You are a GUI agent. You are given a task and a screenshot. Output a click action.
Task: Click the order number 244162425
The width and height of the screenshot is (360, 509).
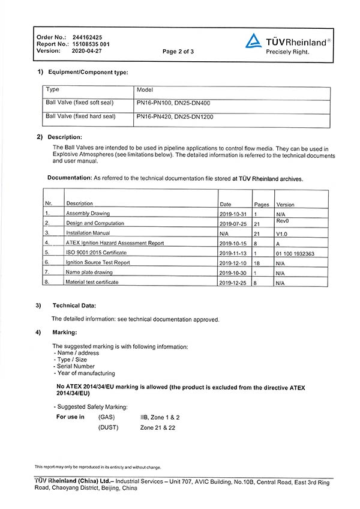coord(86,37)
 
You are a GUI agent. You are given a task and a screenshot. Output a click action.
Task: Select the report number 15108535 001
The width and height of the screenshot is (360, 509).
coord(91,44)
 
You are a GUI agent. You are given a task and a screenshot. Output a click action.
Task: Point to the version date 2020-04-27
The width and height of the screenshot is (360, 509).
coord(87,51)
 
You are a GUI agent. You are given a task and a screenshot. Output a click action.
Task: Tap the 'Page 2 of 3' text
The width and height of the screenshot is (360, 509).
coord(178,52)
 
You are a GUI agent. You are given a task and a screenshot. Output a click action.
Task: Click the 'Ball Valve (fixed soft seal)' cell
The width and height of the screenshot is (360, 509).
coord(80,103)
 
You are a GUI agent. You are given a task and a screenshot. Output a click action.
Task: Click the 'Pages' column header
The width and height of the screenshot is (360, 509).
coord(261,205)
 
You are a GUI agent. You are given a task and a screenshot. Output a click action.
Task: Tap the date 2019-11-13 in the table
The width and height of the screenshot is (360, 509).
coord(233,253)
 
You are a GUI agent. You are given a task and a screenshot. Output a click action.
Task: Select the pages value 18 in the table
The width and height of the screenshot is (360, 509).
coord(257,263)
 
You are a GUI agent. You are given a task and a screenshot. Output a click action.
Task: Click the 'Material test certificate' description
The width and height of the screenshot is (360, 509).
coord(92,282)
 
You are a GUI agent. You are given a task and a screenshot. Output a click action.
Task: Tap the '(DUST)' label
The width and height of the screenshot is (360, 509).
coord(108,427)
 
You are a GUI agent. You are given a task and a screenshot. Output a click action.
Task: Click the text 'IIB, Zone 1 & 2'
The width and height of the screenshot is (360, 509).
coord(160,417)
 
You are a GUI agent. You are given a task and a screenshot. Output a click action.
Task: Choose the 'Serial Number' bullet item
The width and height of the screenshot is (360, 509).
coord(75,366)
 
